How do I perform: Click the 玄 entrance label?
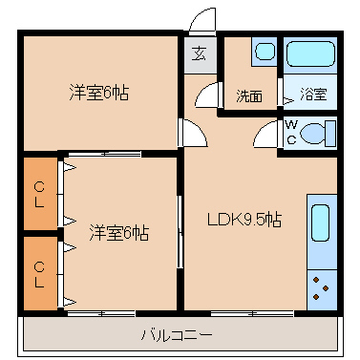[200, 53]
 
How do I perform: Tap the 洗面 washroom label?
[249, 96]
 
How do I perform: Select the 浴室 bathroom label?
[313, 94]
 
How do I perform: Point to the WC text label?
[291, 132]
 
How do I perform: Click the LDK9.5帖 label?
[244, 220]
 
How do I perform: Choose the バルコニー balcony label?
[177, 335]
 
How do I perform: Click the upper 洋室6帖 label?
[99, 93]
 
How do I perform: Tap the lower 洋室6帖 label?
[118, 233]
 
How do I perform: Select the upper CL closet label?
[39, 195]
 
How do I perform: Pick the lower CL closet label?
[39, 274]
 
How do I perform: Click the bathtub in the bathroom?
[310, 53]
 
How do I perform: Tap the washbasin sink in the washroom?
[265, 52]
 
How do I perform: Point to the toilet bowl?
[314, 133]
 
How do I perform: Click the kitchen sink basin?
[320, 222]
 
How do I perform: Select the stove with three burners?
[322, 289]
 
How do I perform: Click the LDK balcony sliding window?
[252, 313]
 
